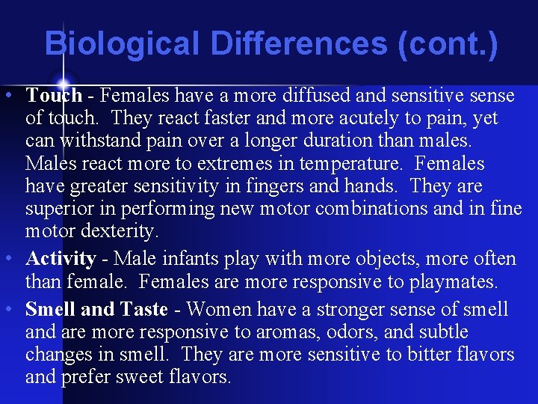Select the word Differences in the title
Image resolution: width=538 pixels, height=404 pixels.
[x=300, y=43]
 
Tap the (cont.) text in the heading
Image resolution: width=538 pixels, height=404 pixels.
[x=448, y=43]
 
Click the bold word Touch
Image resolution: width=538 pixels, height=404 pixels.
[x=54, y=96]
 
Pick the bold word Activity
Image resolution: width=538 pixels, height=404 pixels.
[x=61, y=259]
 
